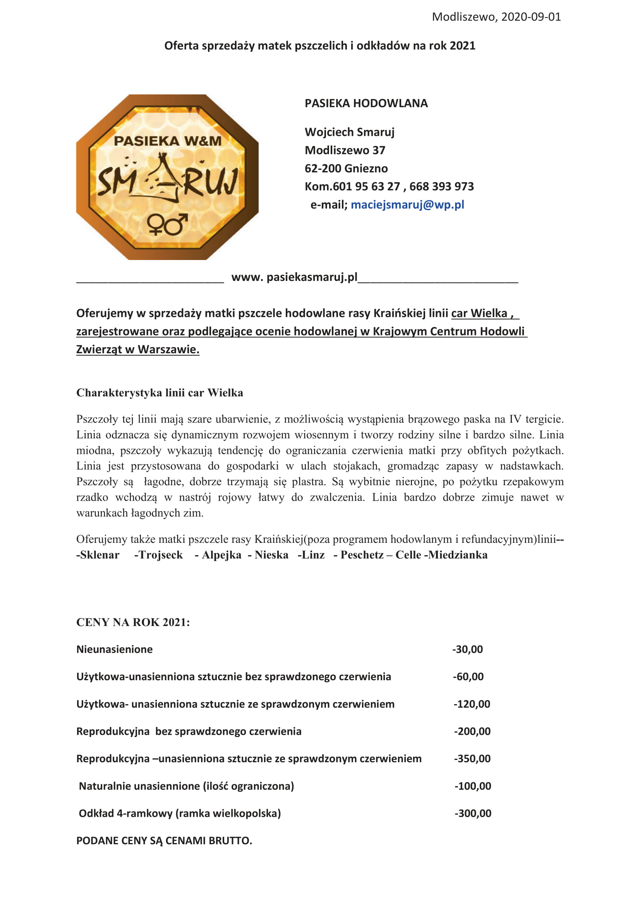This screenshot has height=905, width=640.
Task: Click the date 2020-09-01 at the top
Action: click(x=531, y=17)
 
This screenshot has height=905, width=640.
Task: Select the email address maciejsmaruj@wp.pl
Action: click(x=407, y=205)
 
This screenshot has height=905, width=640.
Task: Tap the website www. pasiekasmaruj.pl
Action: click(x=294, y=277)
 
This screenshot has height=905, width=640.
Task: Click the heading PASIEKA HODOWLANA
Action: click(x=366, y=103)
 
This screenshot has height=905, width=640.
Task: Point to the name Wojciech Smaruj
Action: click(x=349, y=132)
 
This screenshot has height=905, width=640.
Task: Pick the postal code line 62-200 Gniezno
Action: click(x=346, y=168)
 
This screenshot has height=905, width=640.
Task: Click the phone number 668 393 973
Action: click(x=441, y=186)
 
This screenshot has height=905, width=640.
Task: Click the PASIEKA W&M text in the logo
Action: click(x=168, y=141)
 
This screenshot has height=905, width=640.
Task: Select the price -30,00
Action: click(x=468, y=649)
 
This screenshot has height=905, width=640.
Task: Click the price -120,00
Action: click(x=472, y=704)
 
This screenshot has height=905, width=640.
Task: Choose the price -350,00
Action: click(x=472, y=759)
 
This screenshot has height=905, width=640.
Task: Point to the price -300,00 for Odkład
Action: click(x=473, y=813)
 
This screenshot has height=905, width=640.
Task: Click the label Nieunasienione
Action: click(x=114, y=649)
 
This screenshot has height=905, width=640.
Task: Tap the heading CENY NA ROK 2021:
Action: click(x=133, y=622)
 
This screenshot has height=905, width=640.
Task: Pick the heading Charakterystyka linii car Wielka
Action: click(x=160, y=393)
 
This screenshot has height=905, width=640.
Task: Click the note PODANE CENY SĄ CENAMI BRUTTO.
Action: click(x=164, y=840)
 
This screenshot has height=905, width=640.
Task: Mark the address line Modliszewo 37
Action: click(x=345, y=150)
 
